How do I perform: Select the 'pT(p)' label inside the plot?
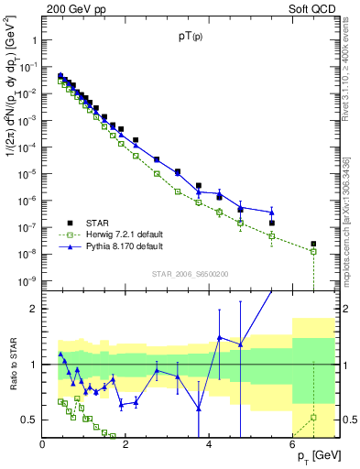tap(191, 38)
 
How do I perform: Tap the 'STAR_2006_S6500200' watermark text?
tap(191, 274)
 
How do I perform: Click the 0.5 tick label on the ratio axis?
tap(29, 420)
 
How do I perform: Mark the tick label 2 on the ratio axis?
tap(34, 309)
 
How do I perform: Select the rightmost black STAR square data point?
tap(313, 244)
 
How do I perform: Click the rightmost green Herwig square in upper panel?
tap(313, 251)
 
